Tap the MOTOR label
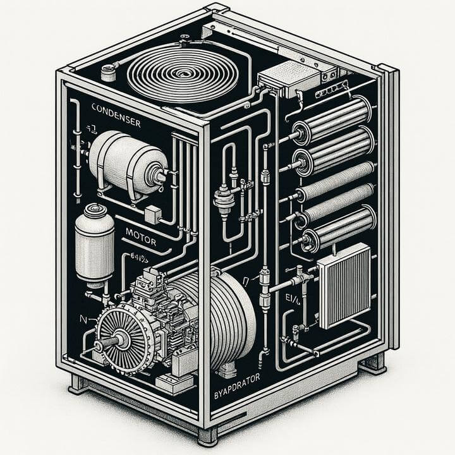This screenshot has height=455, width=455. point(140,232)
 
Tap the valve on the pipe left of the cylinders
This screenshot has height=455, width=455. point(224,197)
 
